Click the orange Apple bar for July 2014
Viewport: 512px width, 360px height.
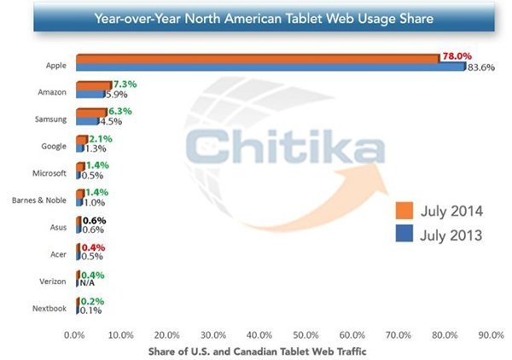coord(256,58)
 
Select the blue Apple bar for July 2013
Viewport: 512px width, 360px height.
coord(269,67)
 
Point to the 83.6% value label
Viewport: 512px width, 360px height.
coord(478,68)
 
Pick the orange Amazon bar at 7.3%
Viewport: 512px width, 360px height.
coord(93,85)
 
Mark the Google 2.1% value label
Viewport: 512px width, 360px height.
coord(102,138)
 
